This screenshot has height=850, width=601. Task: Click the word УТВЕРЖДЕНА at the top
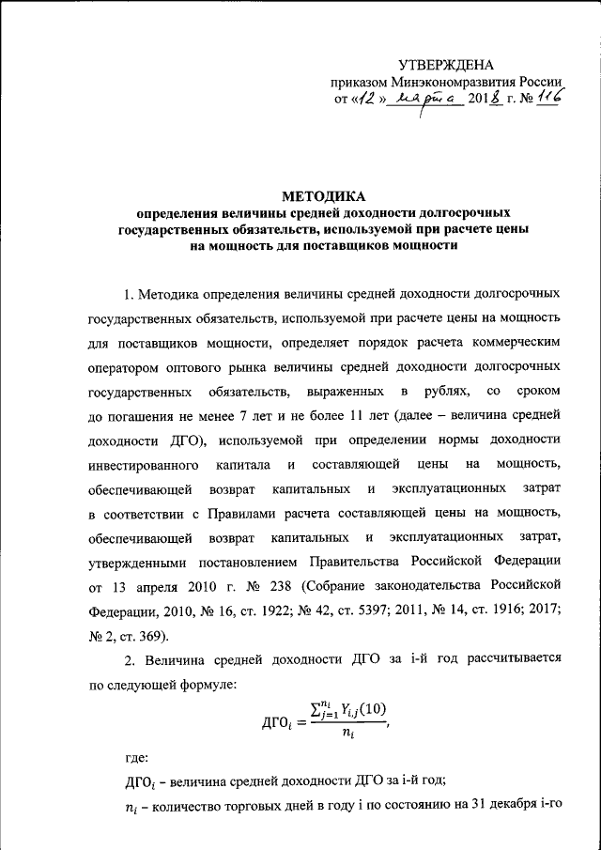click(446, 65)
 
